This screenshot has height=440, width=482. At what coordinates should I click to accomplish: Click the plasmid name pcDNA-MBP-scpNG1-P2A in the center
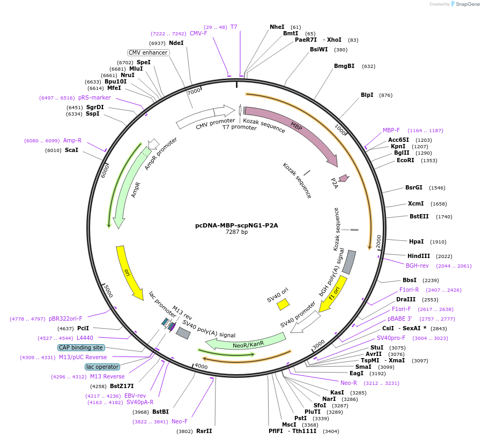(x=236, y=225)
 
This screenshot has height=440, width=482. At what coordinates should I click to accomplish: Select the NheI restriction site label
(x=277, y=27)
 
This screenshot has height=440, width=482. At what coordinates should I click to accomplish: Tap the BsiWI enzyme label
(x=319, y=49)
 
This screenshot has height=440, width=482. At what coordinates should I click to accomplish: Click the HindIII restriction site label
(x=419, y=256)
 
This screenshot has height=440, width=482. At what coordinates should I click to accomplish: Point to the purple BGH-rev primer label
(x=417, y=265)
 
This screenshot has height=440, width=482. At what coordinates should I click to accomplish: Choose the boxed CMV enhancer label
(x=148, y=52)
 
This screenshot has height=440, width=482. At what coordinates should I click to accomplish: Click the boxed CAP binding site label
(x=81, y=347)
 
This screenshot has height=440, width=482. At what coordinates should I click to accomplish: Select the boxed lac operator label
(x=102, y=367)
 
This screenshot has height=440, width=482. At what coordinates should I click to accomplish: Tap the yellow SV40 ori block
(x=283, y=305)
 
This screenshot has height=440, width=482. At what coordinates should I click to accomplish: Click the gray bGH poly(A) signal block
(x=349, y=262)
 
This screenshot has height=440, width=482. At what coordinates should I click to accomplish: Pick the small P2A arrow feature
(x=344, y=178)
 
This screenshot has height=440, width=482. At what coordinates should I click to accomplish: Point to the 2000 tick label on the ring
(x=379, y=241)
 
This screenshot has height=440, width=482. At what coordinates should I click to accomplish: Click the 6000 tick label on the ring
(x=105, y=171)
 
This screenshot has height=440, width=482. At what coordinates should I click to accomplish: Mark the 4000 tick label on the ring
(x=202, y=366)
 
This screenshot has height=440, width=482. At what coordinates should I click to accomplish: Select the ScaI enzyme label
(x=71, y=150)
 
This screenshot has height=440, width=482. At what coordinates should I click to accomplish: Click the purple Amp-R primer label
(x=72, y=140)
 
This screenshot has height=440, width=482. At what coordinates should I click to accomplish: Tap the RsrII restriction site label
(x=204, y=431)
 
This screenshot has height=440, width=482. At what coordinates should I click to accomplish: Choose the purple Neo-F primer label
(x=180, y=421)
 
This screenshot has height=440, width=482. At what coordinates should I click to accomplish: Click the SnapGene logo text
(x=468, y=4)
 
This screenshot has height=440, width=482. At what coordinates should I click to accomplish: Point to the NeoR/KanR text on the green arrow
(x=248, y=345)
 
